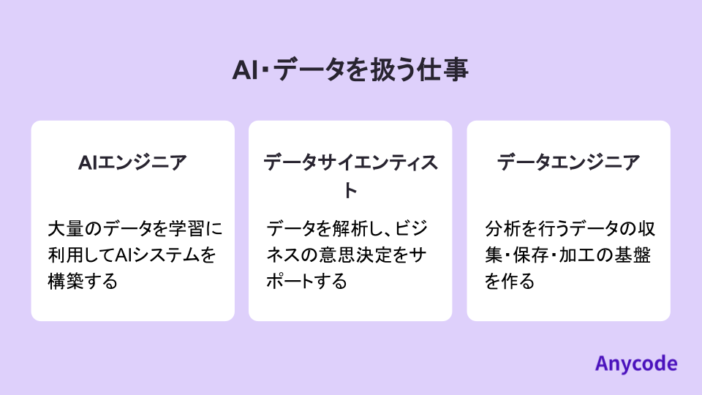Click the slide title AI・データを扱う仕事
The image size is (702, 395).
[x=350, y=70]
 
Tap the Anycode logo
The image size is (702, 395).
[x=635, y=364]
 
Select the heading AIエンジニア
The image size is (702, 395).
[x=132, y=162]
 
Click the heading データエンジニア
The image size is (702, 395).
[x=568, y=162]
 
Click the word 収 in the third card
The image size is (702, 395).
[x=646, y=229]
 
